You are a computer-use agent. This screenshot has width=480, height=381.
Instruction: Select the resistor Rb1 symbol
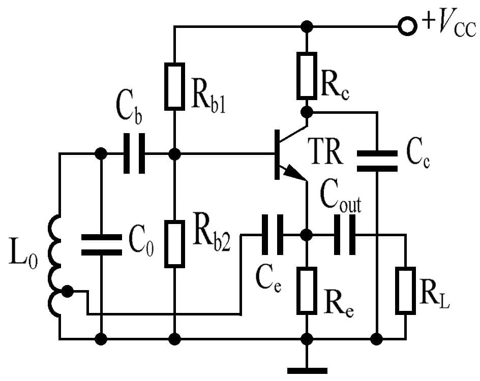(174, 86)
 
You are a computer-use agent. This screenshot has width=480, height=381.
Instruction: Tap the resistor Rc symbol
(307, 75)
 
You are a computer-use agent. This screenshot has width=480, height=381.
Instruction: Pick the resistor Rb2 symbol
(174, 244)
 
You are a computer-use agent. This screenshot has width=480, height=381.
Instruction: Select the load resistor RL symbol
(406, 291)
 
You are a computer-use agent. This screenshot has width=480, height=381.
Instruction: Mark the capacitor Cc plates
(377, 161)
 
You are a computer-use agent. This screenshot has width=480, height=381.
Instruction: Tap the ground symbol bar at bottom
(307, 370)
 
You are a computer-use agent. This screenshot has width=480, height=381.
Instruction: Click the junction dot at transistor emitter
(307, 235)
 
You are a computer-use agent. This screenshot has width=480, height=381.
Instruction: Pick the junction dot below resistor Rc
(307, 111)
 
